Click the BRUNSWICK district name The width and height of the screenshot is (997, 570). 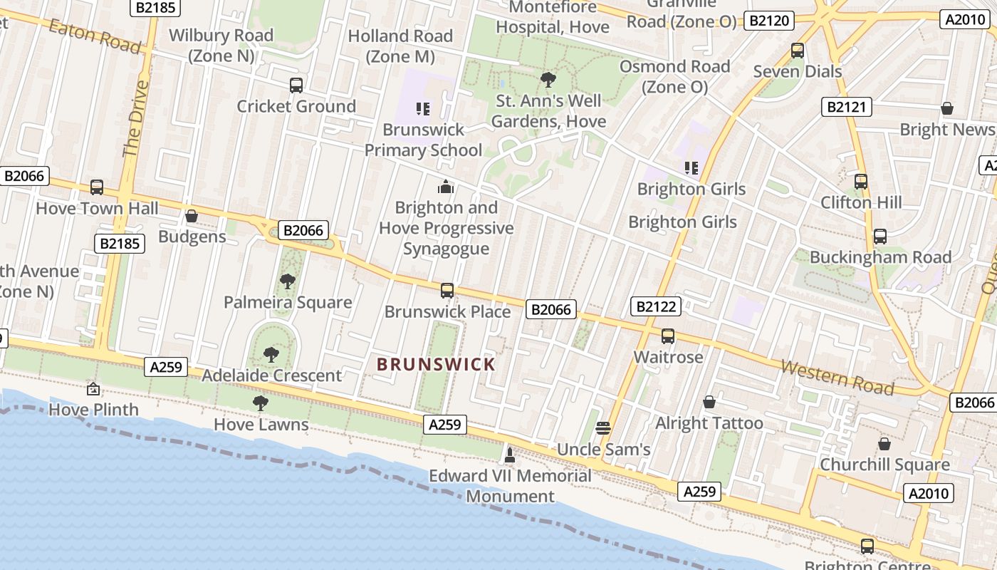pos(436,365)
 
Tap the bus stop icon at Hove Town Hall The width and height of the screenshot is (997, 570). pos(97,187)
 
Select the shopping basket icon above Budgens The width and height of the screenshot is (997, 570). pos(191,216)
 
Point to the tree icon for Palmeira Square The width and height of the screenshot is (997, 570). pos(287,281)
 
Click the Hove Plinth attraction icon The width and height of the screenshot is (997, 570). pos(93,389)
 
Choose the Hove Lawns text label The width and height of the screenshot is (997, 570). pos(261,425)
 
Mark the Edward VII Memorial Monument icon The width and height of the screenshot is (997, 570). pos(510,455)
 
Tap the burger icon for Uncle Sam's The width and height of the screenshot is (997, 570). pos(603,428)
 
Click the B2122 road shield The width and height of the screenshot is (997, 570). pos(656,307)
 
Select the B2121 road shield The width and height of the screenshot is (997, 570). pos(847,108)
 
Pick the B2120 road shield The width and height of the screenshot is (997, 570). pos(769,21)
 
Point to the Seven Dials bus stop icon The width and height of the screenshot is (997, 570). pos(798,51)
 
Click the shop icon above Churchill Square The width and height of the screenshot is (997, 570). pos(884,444)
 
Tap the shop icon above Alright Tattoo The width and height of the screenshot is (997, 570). pos(709,402)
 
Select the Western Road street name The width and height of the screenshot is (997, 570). pos(837,377)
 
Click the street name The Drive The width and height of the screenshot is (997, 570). pos(135,118)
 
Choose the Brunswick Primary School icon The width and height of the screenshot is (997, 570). pos(423,109)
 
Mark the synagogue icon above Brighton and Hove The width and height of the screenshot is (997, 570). pos(446,187)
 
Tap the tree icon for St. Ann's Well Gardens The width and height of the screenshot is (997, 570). pos(548,79)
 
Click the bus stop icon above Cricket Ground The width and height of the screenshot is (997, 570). pos(296,85)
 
